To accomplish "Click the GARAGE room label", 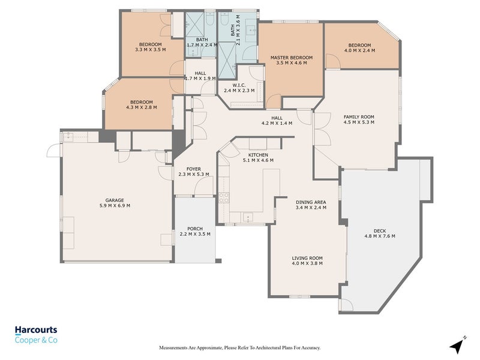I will tap(114, 200).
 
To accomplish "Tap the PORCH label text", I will tap(194, 229).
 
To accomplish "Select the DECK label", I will tap(380, 230).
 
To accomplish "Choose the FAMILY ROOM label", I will tap(359, 116).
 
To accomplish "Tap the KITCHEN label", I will tap(258, 155).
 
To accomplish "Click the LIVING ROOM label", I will tap(307, 258).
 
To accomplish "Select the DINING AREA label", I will tap(311, 202).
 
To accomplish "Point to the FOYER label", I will tap(193, 169).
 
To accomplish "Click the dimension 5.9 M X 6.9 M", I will tap(114, 206).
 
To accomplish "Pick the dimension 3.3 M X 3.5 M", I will tap(150, 50).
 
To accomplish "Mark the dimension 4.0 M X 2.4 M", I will tap(359, 50).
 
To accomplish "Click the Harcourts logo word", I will tap(36, 330).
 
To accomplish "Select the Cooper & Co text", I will tap(36, 340).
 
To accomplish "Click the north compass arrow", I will tap(458, 346).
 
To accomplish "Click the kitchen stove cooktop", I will tap(224, 197).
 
